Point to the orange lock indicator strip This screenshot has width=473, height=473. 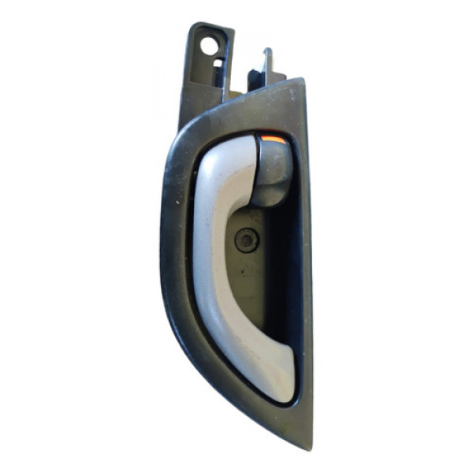[273, 140]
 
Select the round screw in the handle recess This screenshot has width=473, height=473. [247, 240]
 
